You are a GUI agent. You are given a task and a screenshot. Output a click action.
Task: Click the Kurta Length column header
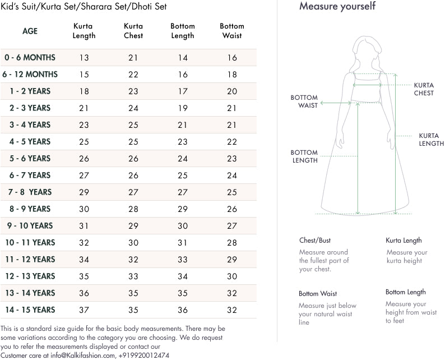click(x=84, y=31)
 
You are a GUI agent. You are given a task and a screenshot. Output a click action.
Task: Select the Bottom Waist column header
click(x=231, y=31)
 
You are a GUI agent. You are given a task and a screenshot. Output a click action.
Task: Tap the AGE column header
click(x=30, y=31)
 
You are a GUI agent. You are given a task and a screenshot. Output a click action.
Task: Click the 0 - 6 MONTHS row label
click(x=30, y=57)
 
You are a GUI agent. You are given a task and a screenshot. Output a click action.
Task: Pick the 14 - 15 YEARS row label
click(x=30, y=310)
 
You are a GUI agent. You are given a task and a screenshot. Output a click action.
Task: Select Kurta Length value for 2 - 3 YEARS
click(x=84, y=108)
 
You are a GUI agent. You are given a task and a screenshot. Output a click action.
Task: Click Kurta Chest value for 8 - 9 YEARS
click(x=133, y=209)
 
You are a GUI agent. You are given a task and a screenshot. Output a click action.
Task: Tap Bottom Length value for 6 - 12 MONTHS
click(x=183, y=74)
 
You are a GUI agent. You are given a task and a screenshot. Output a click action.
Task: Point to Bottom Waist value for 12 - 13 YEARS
click(x=231, y=276)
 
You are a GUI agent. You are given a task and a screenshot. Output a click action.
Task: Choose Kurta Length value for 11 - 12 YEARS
click(x=84, y=259)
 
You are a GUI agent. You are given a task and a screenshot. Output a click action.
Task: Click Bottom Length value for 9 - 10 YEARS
click(x=183, y=225)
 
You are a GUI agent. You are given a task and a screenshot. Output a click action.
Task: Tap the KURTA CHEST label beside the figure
click(x=424, y=89)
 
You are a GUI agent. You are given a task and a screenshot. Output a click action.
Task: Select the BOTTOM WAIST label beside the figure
click(x=304, y=101)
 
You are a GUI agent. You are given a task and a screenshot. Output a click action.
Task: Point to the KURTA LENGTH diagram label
click(x=431, y=140)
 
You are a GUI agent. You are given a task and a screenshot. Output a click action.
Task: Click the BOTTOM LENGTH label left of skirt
click(x=304, y=156)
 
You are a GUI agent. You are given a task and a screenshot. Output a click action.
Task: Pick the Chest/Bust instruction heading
click(x=315, y=241)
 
